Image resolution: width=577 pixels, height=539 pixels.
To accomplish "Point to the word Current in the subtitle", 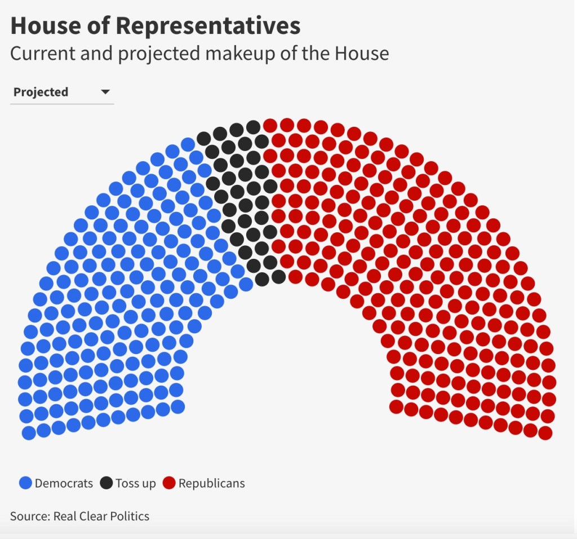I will pyautogui.click(x=42, y=54).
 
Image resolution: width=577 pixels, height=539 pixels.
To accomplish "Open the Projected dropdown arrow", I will pyautogui.click(x=105, y=92).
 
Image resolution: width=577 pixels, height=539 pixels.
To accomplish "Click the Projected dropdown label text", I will pyautogui.click(x=41, y=92).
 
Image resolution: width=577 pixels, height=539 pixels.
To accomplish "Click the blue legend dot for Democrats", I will pyautogui.click(x=25, y=483).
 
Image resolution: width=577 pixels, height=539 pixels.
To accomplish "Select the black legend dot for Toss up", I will pyautogui.click(x=106, y=483).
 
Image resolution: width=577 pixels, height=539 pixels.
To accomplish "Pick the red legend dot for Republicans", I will pyautogui.click(x=169, y=483).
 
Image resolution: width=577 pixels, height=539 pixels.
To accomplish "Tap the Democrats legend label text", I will pyautogui.click(x=64, y=483).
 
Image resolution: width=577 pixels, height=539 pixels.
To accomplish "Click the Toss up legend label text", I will pyautogui.click(x=135, y=483).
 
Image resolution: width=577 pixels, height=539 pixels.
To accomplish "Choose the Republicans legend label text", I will pyautogui.click(x=211, y=483).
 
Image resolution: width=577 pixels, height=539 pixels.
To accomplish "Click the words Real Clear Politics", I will pyautogui.click(x=101, y=516).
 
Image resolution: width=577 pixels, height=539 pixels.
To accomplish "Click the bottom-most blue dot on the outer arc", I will pyautogui.click(x=29, y=433).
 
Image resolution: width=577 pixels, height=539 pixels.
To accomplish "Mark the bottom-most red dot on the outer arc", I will pyautogui.click(x=545, y=433).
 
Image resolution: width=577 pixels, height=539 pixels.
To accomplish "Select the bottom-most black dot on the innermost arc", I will pyautogui.click(x=278, y=276).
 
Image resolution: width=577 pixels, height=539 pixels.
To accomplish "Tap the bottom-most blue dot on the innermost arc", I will pyautogui.click(x=178, y=407).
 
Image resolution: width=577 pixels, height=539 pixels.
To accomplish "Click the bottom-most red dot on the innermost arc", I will pyautogui.click(x=396, y=407).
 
